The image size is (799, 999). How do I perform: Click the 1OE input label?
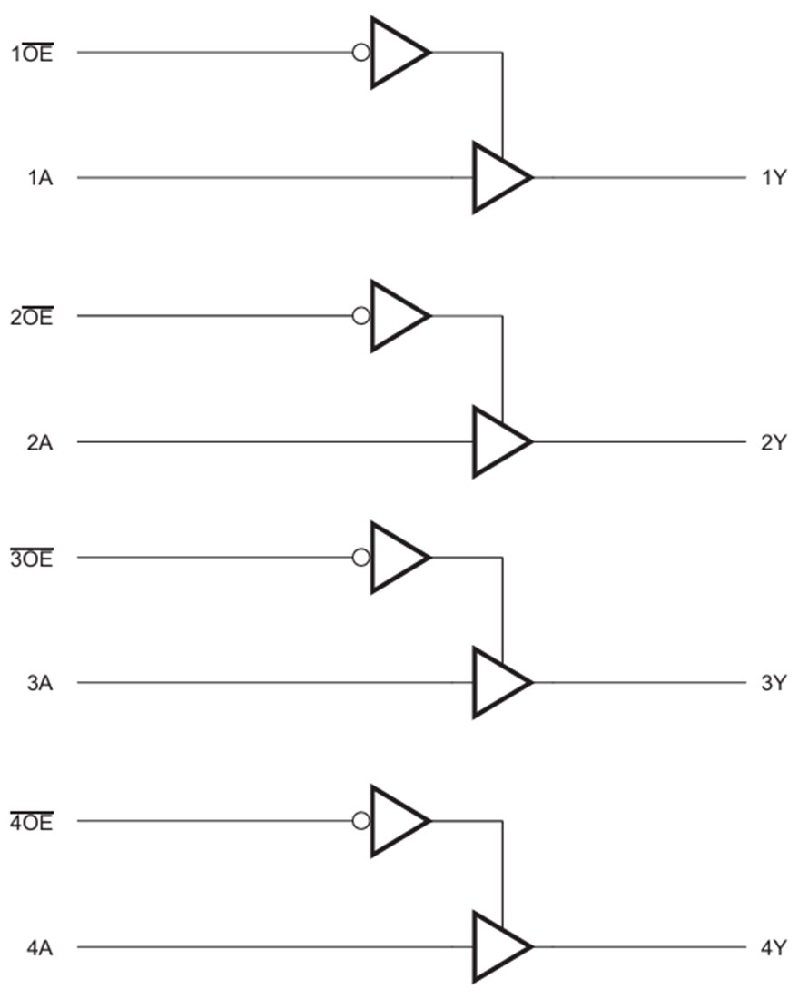32,54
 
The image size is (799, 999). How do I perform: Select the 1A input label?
39,178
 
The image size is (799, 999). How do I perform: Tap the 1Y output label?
773,178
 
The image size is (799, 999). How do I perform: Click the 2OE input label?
32,317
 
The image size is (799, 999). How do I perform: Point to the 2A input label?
39,443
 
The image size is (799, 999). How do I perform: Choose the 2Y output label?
773,443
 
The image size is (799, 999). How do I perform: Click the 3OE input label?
32,559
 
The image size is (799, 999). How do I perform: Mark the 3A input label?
39,683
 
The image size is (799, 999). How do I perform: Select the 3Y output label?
773,683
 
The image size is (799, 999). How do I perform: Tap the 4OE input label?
32,823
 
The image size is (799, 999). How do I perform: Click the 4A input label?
39,948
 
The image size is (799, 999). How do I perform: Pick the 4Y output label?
773,948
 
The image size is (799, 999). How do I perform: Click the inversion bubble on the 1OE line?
361,53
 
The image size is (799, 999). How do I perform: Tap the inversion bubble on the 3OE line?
361,558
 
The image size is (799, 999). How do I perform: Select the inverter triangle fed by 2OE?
394,316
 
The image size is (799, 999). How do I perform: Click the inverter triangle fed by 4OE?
394,821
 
